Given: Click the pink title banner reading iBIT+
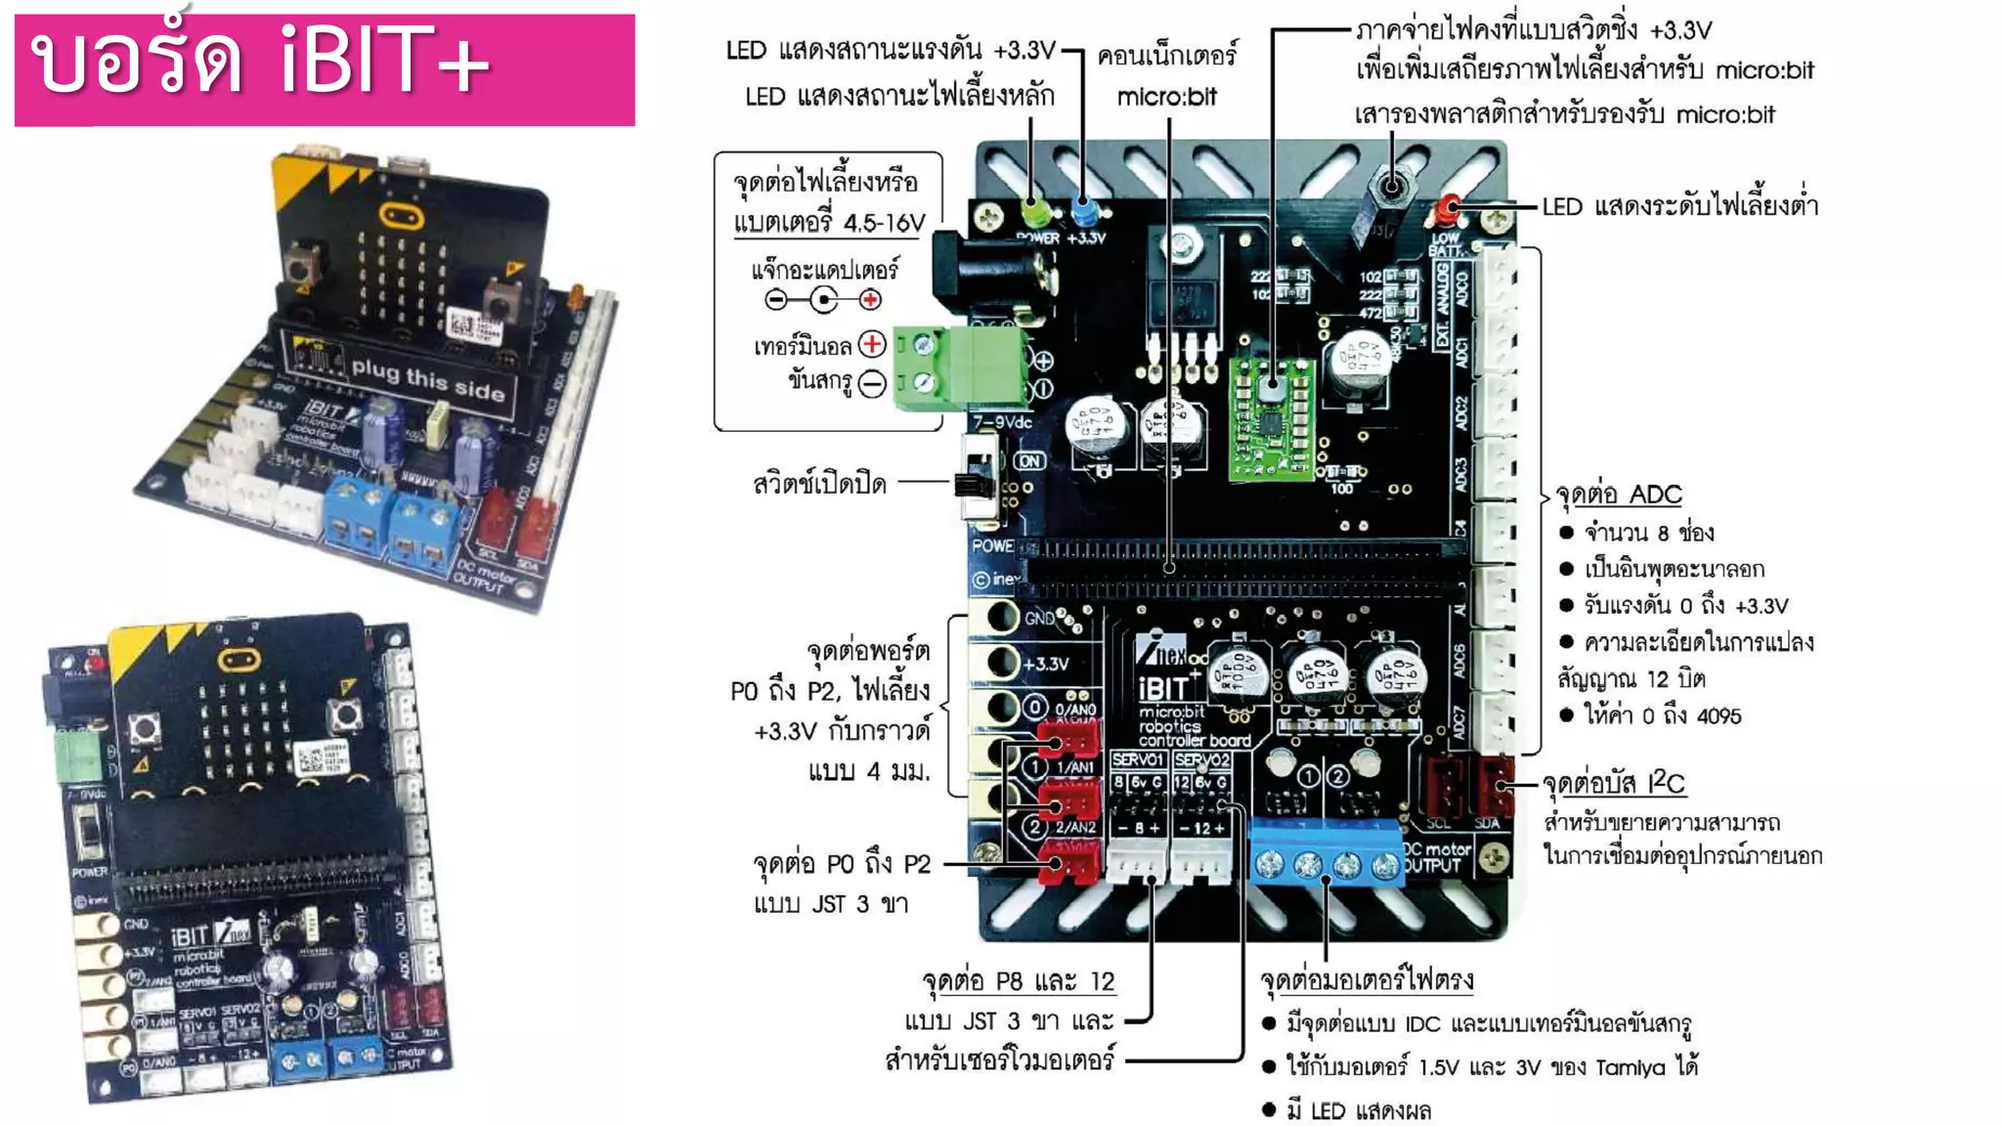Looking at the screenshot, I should point(325,68).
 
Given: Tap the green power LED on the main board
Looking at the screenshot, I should point(1033,210).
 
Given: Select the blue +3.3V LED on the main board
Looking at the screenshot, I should point(1082,209).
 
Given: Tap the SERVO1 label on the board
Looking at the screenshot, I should point(1138,759).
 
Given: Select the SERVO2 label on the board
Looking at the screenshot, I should point(1201,759).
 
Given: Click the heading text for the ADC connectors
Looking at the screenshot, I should point(1619,495).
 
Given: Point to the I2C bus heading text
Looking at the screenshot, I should point(1613,783).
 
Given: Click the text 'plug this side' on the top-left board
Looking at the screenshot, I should point(427,379).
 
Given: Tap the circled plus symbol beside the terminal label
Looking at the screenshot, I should point(872,344).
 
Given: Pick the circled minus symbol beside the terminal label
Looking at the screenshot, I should point(872,383).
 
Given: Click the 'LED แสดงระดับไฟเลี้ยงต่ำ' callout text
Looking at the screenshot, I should point(1679,206).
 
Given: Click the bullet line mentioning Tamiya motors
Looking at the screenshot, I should point(1491,1066).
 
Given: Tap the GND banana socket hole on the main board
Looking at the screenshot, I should point(1001,617).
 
